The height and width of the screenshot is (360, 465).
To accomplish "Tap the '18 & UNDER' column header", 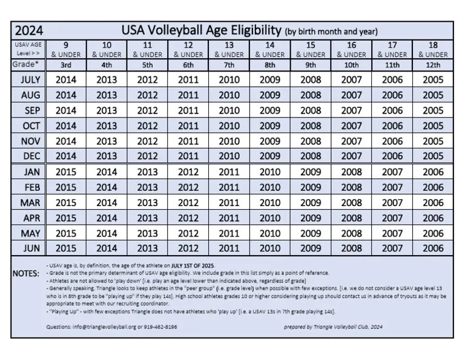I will [433, 49].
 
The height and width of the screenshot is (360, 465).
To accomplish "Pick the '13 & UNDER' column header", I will [229, 49].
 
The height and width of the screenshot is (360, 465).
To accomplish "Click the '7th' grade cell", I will [229, 64].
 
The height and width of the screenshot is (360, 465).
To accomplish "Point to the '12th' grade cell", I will [433, 64].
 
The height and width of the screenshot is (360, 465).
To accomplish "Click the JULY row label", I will [30, 79].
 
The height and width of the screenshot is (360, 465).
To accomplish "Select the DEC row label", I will [30, 156].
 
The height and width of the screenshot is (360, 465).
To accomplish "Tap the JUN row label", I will [30, 248].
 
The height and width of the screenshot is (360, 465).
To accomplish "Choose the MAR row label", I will [30, 202].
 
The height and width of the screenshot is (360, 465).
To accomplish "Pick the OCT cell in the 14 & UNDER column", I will [269, 125].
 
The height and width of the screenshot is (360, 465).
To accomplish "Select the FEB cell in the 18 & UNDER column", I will [433, 187].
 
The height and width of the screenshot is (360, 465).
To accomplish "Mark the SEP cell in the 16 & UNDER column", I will [351, 110].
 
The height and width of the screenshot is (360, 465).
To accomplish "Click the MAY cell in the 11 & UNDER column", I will [147, 233].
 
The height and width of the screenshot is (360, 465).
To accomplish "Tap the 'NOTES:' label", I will [26, 274].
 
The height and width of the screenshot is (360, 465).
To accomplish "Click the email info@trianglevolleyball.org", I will [104, 326].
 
